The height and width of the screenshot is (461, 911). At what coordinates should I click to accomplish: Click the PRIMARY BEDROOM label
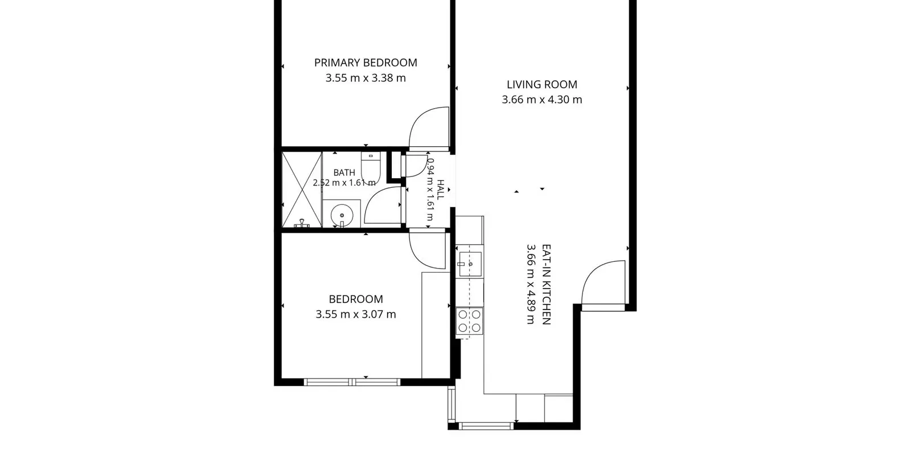(366, 63)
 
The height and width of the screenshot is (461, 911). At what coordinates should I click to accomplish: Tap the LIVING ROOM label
(541, 85)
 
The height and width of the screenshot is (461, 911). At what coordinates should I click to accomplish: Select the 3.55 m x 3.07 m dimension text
(356, 314)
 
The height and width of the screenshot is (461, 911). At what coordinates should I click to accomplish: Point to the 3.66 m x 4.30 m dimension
(541, 100)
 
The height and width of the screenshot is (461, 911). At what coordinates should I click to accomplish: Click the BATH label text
(344, 173)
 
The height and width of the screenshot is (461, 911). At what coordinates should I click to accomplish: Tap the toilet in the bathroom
(371, 168)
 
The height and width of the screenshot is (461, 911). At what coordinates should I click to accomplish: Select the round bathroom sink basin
(342, 216)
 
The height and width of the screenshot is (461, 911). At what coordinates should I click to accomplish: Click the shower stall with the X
(302, 190)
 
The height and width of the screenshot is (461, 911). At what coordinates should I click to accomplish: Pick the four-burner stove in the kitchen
(469, 321)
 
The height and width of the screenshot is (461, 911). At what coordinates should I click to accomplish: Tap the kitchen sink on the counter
(470, 264)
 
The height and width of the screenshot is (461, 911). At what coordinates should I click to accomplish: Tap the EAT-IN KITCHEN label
(547, 285)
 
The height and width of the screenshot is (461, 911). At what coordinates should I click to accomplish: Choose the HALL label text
(441, 190)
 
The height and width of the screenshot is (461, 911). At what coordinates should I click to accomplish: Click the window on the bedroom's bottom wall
(352, 382)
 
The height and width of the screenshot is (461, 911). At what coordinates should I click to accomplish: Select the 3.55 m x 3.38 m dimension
(366, 78)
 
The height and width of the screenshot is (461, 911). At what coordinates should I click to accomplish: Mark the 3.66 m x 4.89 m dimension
(531, 285)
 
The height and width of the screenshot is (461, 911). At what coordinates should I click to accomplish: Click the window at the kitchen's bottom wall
(486, 426)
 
